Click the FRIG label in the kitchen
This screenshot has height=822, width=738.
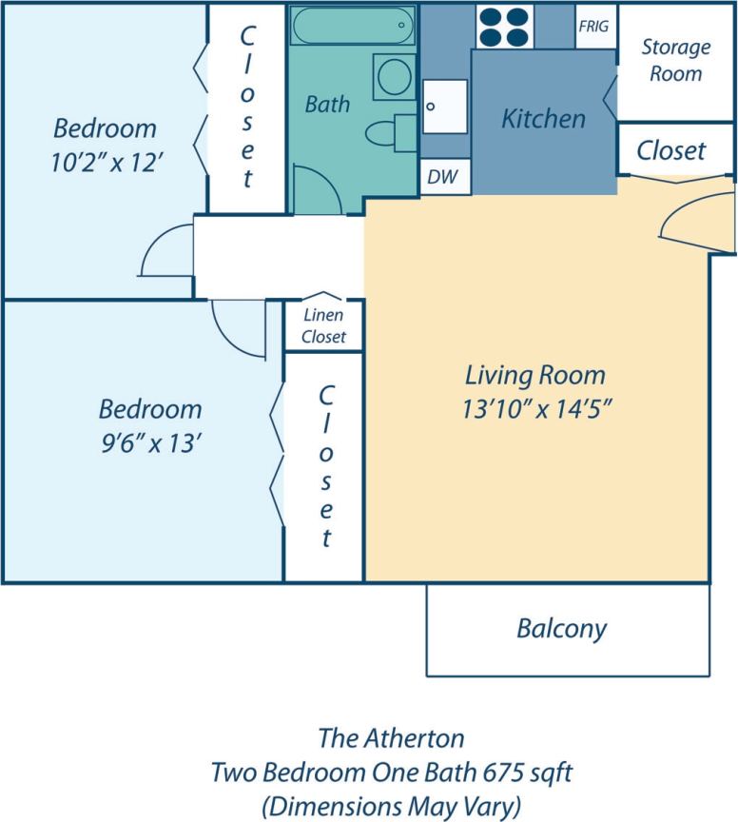coord(594,27)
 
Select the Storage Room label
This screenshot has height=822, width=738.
coord(675,60)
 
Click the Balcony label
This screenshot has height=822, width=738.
coord(561,628)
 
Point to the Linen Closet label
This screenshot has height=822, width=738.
coord(323,326)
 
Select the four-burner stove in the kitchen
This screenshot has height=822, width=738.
coord(504,27)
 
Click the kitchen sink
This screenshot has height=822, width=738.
coord(445,106)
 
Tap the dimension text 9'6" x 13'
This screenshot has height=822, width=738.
coord(149,443)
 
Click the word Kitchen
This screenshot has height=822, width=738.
coord(543,119)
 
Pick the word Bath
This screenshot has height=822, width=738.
coord(327,104)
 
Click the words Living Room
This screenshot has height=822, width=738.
coord(534,375)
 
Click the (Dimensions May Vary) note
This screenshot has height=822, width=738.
coord(391,806)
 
